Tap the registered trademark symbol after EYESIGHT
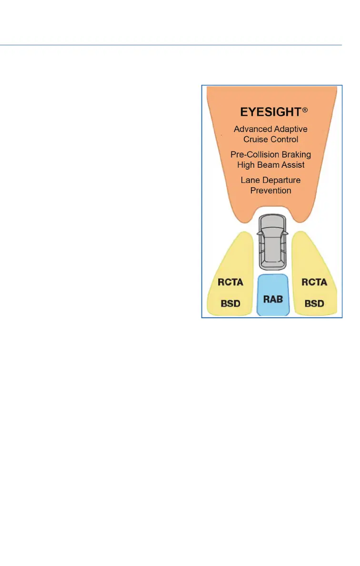pyautogui.click(x=305, y=110)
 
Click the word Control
pyautogui.click(x=285, y=139)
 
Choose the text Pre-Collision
pyautogui.click(x=255, y=155)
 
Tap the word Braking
pyautogui.click(x=297, y=155)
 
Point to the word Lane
pyautogui.click(x=250, y=180)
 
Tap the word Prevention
pyautogui.click(x=270, y=190)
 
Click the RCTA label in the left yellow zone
pyautogui.click(x=230, y=282)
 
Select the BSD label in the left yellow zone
pyautogui.click(x=230, y=303)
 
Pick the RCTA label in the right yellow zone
pyautogui.click(x=314, y=282)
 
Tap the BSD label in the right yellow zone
pyautogui.click(x=314, y=303)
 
